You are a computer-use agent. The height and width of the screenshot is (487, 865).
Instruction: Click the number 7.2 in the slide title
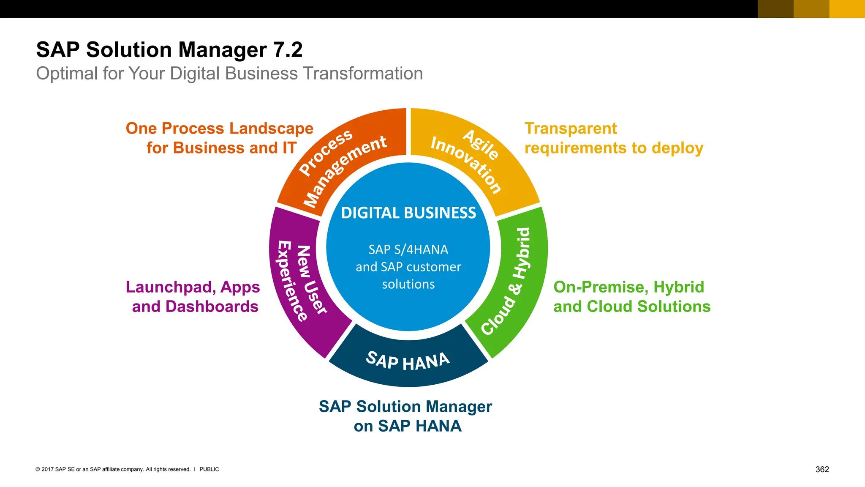point(288,50)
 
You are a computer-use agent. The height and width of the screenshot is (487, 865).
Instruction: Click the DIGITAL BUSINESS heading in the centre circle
point(408,213)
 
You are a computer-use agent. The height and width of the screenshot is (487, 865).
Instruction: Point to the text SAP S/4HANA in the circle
point(408,249)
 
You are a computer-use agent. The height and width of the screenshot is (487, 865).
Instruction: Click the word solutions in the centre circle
point(408,284)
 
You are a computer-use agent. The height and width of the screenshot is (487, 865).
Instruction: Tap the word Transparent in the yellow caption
point(571,129)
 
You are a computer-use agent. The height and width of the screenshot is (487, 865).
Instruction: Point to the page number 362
point(822,469)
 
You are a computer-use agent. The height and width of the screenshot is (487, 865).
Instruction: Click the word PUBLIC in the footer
point(209,469)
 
